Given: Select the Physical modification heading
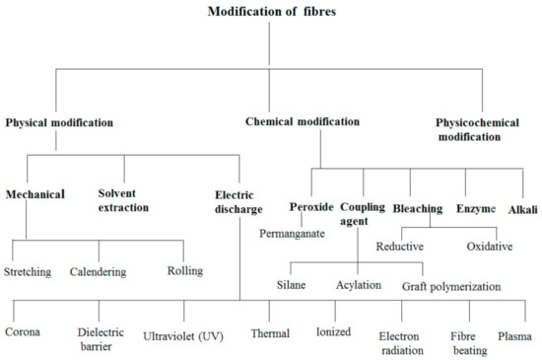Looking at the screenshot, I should click(59, 123).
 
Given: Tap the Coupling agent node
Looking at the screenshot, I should click(363, 215).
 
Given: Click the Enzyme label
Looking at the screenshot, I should click(476, 209).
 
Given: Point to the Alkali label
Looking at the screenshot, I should click(522, 209).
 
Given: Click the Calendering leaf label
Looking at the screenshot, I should click(104, 270).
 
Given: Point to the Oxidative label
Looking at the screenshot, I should click(489, 248).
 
